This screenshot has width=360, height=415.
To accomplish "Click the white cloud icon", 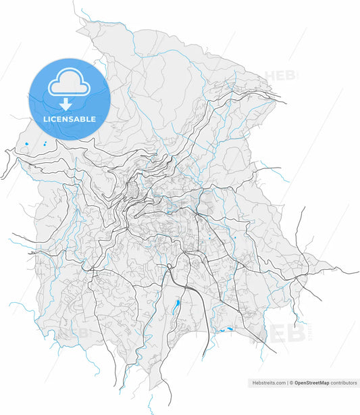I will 69,82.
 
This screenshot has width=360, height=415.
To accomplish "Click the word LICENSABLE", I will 69,119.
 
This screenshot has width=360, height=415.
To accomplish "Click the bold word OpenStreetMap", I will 311,383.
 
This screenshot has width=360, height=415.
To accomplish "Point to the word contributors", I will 344,383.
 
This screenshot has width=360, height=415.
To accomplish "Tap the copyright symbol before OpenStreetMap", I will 291,383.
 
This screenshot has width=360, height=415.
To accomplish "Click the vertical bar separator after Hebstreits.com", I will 287,383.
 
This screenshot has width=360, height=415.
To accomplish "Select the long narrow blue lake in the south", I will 176,307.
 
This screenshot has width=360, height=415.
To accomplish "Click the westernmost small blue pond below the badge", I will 26,144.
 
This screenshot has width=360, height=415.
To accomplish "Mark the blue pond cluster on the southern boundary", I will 226,329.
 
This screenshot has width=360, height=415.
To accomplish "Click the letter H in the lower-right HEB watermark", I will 270,333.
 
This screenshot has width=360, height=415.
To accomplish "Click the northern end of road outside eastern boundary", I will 303,207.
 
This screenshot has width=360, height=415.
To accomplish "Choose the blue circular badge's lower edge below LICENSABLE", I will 69,139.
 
